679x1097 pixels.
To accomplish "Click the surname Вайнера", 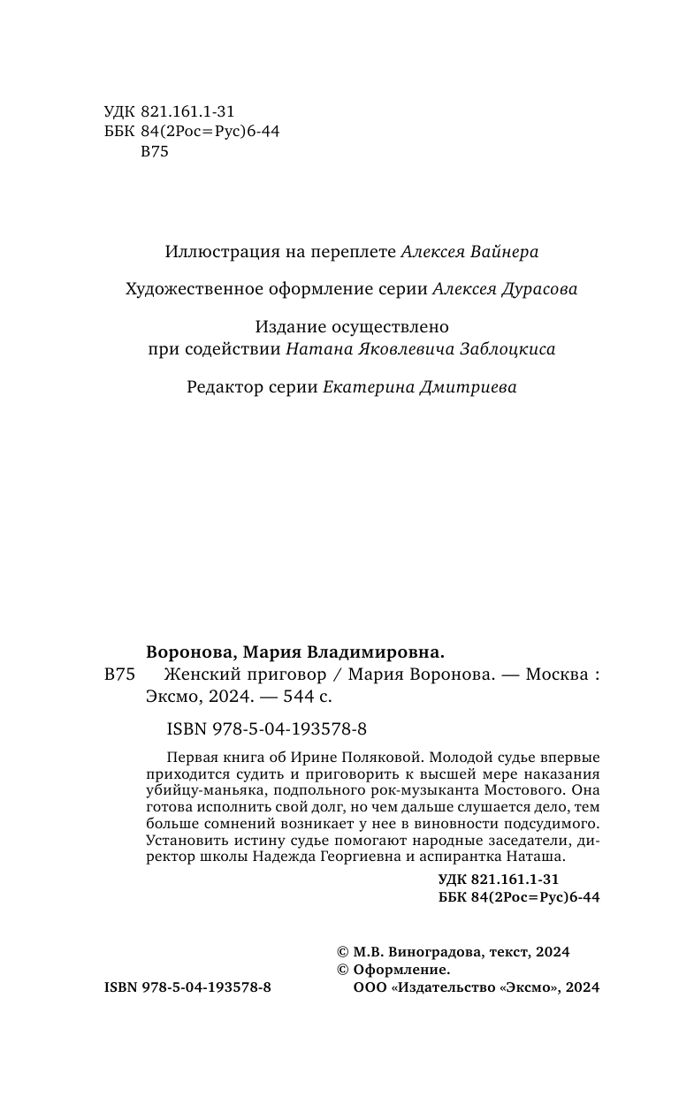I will (500, 252).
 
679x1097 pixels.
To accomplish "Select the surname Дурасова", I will (536, 290).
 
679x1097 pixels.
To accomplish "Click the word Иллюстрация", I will (217, 252).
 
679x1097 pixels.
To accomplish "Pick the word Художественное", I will (177, 290).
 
